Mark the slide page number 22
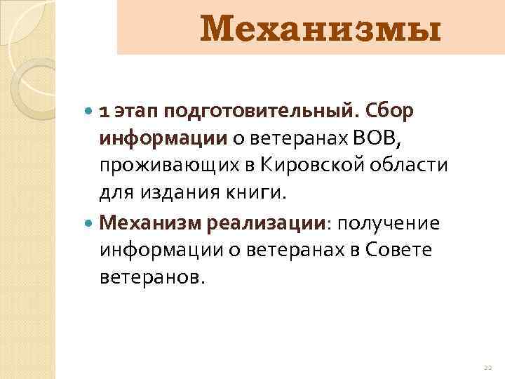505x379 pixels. point(488,367)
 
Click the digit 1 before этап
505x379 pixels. point(103,113)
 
